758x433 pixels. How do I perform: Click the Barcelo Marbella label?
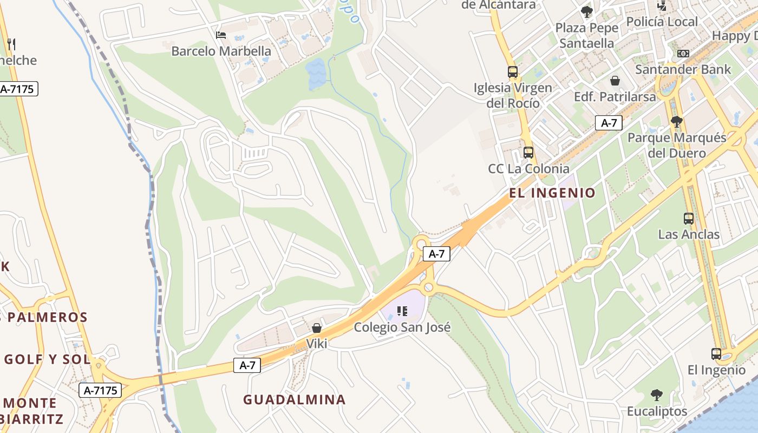pyautogui.click(x=221, y=51)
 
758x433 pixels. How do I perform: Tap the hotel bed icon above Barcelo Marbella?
pyautogui.click(x=220, y=35)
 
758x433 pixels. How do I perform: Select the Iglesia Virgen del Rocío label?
pyautogui.click(x=513, y=95)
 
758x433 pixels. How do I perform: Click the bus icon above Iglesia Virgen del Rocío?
pyautogui.click(x=512, y=71)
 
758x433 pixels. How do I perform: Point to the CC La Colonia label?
pyautogui.click(x=528, y=168)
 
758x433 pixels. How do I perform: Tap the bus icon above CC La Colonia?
pyautogui.click(x=528, y=153)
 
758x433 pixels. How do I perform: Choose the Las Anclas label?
pyautogui.click(x=689, y=234)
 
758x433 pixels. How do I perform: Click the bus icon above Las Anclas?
pyautogui.click(x=689, y=219)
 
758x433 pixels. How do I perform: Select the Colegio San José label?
pyautogui.click(x=402, y=327)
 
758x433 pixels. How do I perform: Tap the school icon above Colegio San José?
pyautogui.click(x=402, y=311)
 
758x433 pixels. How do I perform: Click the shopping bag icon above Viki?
pyautogui.click(x=317, y=328)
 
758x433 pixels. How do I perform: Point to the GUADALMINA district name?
pyautogui.click(x=294, y=399)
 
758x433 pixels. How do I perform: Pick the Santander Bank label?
pyautogui.click(x=683, y=69)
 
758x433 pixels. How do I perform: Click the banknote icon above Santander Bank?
pyautogui.click(x=683, y=54)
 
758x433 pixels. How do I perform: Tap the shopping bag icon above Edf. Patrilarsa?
pyautogui.click(x=615, y=81)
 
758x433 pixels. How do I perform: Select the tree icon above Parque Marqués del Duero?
pyautogui.click(x=676, y=121)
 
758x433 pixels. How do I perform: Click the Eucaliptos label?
pyautogui.click(x=657, y=411)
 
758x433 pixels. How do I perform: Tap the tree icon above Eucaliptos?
pyautogui.click(x=657, y=395)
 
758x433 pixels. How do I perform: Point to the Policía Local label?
pyautogui.click(x=662, y=22)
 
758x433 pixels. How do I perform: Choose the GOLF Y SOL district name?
pyautogui.click(x=47, y=359)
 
